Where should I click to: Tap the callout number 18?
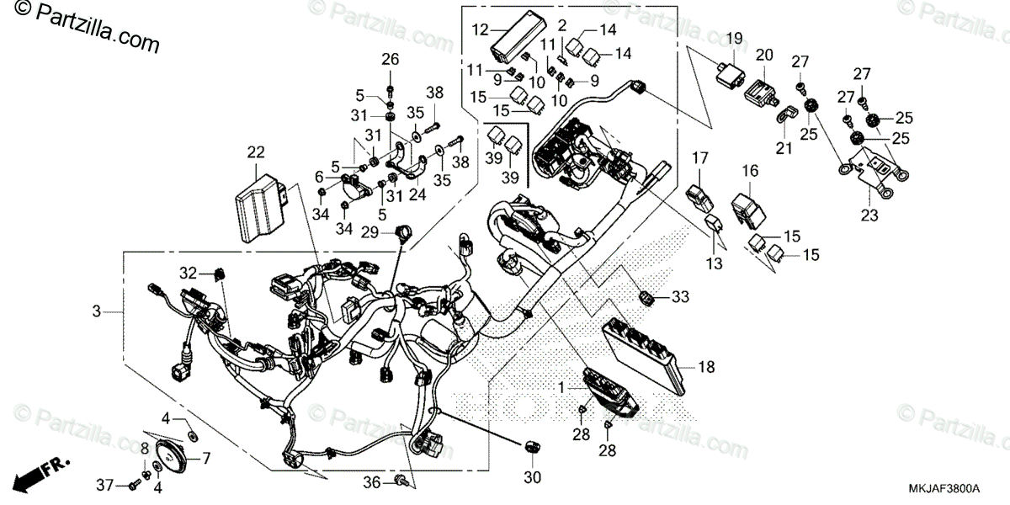point(706,367)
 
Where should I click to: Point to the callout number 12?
point(480,30)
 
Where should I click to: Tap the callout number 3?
point(97,311)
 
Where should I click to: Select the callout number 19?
point(734,38)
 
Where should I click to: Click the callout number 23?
point(869,215)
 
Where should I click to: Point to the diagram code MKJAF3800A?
point(944,487)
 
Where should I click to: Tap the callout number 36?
point(373,481)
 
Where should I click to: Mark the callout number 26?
point(390,59)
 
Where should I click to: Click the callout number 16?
point(750,172)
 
